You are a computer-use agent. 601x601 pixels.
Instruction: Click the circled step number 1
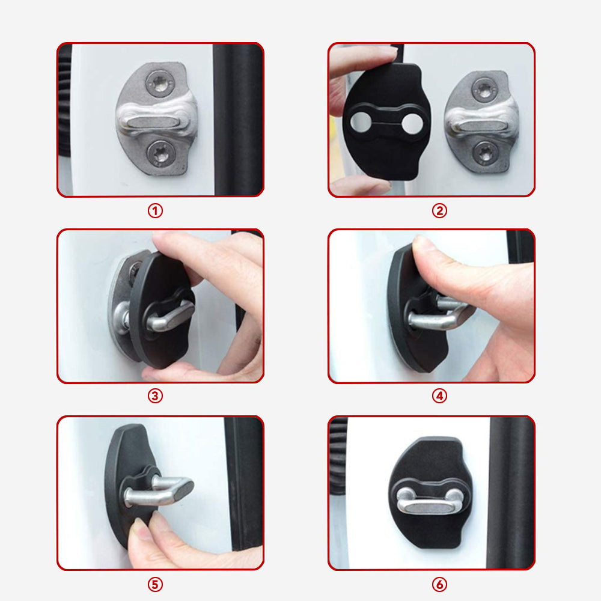(156, 211)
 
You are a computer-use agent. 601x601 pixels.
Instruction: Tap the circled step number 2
(439, 211)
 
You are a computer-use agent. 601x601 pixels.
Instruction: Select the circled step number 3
(156, 396)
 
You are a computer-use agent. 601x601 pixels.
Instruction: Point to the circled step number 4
(439, 396)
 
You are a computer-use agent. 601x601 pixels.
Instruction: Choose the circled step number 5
(156, 584)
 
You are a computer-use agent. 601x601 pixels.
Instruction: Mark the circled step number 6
(439, 584)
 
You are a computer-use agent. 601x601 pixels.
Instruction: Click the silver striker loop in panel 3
(168, 316)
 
